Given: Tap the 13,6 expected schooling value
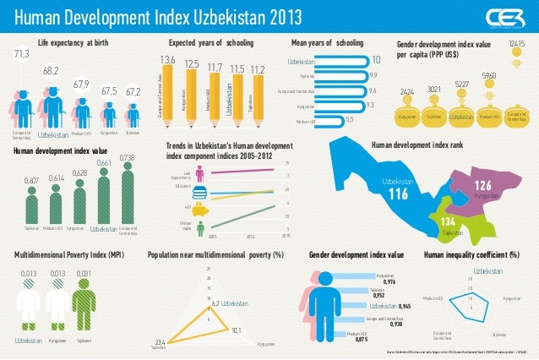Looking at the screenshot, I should [x=167, y=59].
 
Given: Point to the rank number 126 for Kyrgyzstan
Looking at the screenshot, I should [x=483, y=185].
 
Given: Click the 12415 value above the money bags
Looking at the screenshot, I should [x=517, y=42].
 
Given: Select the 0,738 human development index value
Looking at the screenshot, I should [x=128, y=157].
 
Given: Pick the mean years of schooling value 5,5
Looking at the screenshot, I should [x=351, y=120].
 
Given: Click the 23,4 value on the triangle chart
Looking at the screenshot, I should [x=161, y=341].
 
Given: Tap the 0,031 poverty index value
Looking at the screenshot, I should [x=84, y=273].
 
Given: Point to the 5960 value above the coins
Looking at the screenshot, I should [x=488, y=76].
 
